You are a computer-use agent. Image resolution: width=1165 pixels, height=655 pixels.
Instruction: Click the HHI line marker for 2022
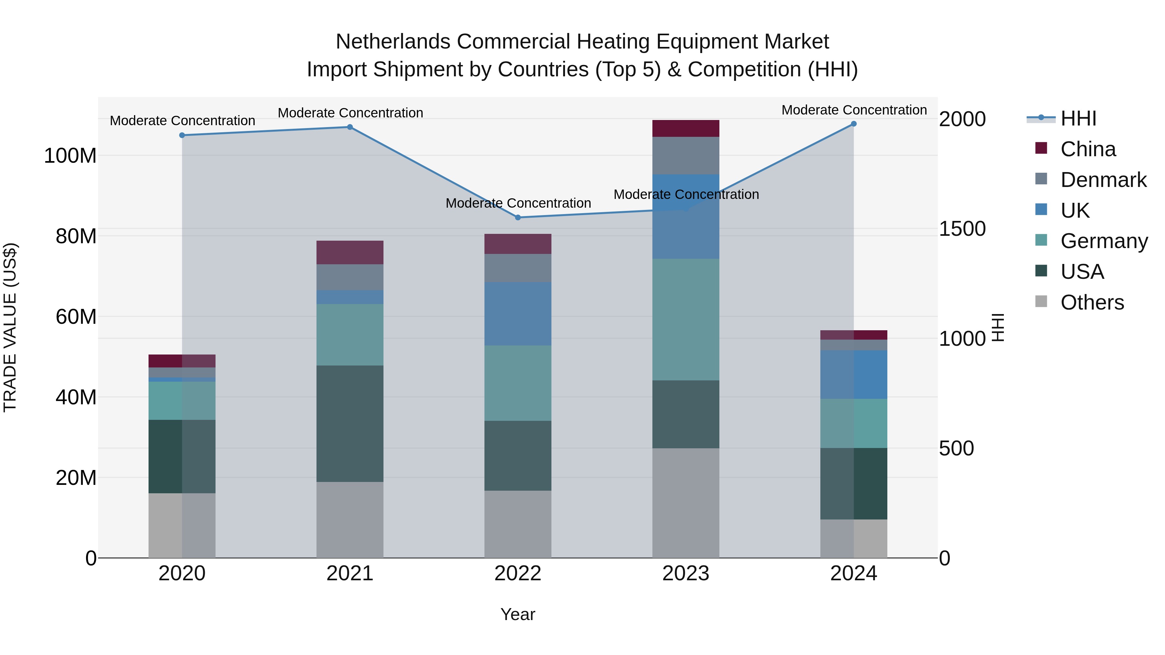point(518,217)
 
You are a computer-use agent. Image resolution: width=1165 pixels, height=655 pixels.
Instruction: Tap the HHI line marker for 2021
point(349,127)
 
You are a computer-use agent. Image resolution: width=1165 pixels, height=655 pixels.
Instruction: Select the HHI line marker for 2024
point(853,124)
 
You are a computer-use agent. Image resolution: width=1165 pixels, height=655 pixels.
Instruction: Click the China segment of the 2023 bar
point(686,128)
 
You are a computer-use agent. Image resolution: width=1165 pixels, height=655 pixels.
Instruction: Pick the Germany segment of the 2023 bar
point(686,319)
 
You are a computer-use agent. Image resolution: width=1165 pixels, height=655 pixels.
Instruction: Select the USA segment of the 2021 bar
point(349,423)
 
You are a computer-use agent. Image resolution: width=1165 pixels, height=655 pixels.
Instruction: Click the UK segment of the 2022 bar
point(518,314)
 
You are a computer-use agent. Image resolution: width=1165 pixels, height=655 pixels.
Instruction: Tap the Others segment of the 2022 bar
point(518,524)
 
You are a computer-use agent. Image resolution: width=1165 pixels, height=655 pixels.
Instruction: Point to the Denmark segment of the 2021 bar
point(349,277)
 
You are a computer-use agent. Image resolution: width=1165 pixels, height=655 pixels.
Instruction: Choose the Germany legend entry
point(1104,241)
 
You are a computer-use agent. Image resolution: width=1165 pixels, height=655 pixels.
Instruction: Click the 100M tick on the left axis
point(70,156)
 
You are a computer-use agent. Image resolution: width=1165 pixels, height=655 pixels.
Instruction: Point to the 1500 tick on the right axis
point(962,229)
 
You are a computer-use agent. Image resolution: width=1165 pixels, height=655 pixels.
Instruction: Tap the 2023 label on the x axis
point(686,573)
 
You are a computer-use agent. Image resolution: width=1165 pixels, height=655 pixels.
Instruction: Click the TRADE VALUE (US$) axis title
point(10,327)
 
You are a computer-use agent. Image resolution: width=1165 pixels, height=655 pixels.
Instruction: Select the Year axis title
point(518,614)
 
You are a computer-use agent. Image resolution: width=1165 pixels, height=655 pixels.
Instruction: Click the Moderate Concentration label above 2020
point(182,121)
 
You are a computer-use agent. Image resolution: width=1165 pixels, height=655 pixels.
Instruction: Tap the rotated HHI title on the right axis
point(998,327)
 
